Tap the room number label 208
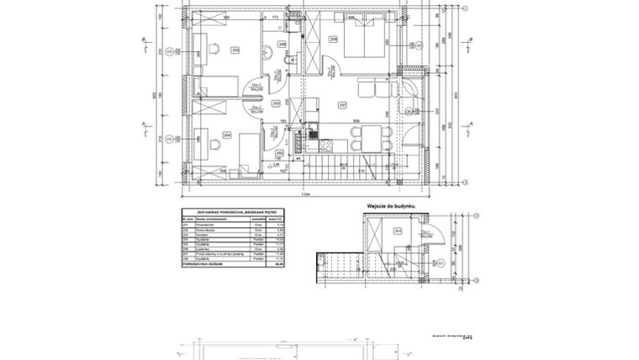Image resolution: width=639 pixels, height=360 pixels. click(334, 39)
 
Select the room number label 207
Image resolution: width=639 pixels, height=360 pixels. click(342, 105)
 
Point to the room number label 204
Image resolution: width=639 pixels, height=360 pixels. click(227, 134)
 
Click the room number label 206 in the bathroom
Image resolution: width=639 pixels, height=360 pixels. click(282, 45)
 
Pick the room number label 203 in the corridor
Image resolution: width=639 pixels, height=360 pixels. click(277, 103)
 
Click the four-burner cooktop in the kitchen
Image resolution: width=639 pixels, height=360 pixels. click(313, 130)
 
